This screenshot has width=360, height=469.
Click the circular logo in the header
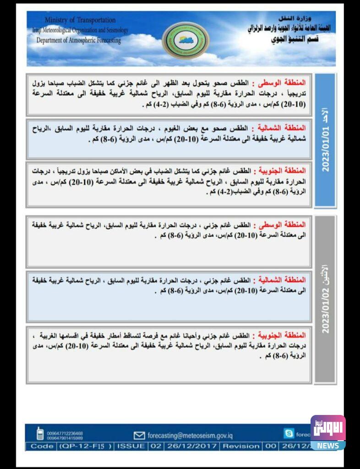(185, 40)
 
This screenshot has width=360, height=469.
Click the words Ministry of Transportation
(80, 20)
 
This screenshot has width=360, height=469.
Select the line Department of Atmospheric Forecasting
(79, 40)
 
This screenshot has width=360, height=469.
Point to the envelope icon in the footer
(139, 435)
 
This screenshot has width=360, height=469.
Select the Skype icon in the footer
(289, 433)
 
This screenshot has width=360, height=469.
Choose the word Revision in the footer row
(241, 446)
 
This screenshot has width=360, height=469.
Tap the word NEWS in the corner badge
(328, 446)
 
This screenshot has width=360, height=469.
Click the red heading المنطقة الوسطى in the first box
(285, 83)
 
